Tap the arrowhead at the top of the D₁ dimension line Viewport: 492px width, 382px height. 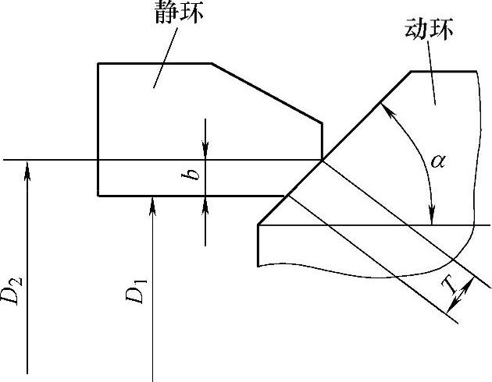(153, 202)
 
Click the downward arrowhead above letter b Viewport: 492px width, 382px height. (205, 154)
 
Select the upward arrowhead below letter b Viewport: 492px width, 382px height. (205, 202)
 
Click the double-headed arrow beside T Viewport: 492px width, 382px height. (463, 297)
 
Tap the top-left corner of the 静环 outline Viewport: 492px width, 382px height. (98, 63)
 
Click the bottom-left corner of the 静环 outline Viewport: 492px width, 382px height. (98, 195)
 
